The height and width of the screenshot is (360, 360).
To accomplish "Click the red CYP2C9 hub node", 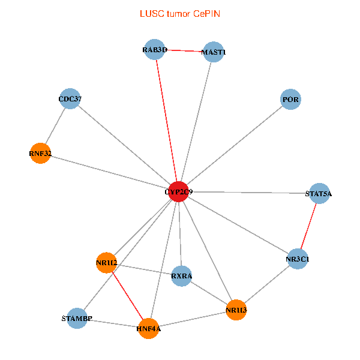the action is click(x=178, y=191).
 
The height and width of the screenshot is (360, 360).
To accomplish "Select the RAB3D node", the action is click(x=155, y=49).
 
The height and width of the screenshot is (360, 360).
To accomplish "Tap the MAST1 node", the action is click(x=214, y=52).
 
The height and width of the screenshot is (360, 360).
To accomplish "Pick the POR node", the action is click(x=290, y=100).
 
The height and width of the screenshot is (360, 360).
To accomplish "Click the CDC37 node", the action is click(x=71, y=99).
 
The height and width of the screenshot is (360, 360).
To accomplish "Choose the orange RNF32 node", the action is click(x=40, y=154).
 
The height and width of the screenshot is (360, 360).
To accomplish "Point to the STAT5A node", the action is click(x=319, y=194).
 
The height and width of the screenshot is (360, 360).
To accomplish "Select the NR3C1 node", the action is click(x=298, y=259).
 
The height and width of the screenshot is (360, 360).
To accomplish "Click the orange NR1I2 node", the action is click(x=106, y=262).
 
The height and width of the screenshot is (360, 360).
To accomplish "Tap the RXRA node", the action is click(x=181, y=276).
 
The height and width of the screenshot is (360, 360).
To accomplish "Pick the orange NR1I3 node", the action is click(x=236, y=310).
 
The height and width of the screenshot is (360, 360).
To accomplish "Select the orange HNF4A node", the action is click(x=148, y=329).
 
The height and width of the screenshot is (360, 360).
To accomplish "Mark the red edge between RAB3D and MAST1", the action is click(x=184, y=51).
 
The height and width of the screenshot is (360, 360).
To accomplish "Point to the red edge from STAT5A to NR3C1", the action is click(x=308, y=226).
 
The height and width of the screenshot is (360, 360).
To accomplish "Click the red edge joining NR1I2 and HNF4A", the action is click(x=127, y=295).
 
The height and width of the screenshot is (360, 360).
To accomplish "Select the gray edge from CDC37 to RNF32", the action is click(x=55, y=126).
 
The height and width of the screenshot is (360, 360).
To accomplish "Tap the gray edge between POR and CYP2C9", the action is click(x=234, y=146).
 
